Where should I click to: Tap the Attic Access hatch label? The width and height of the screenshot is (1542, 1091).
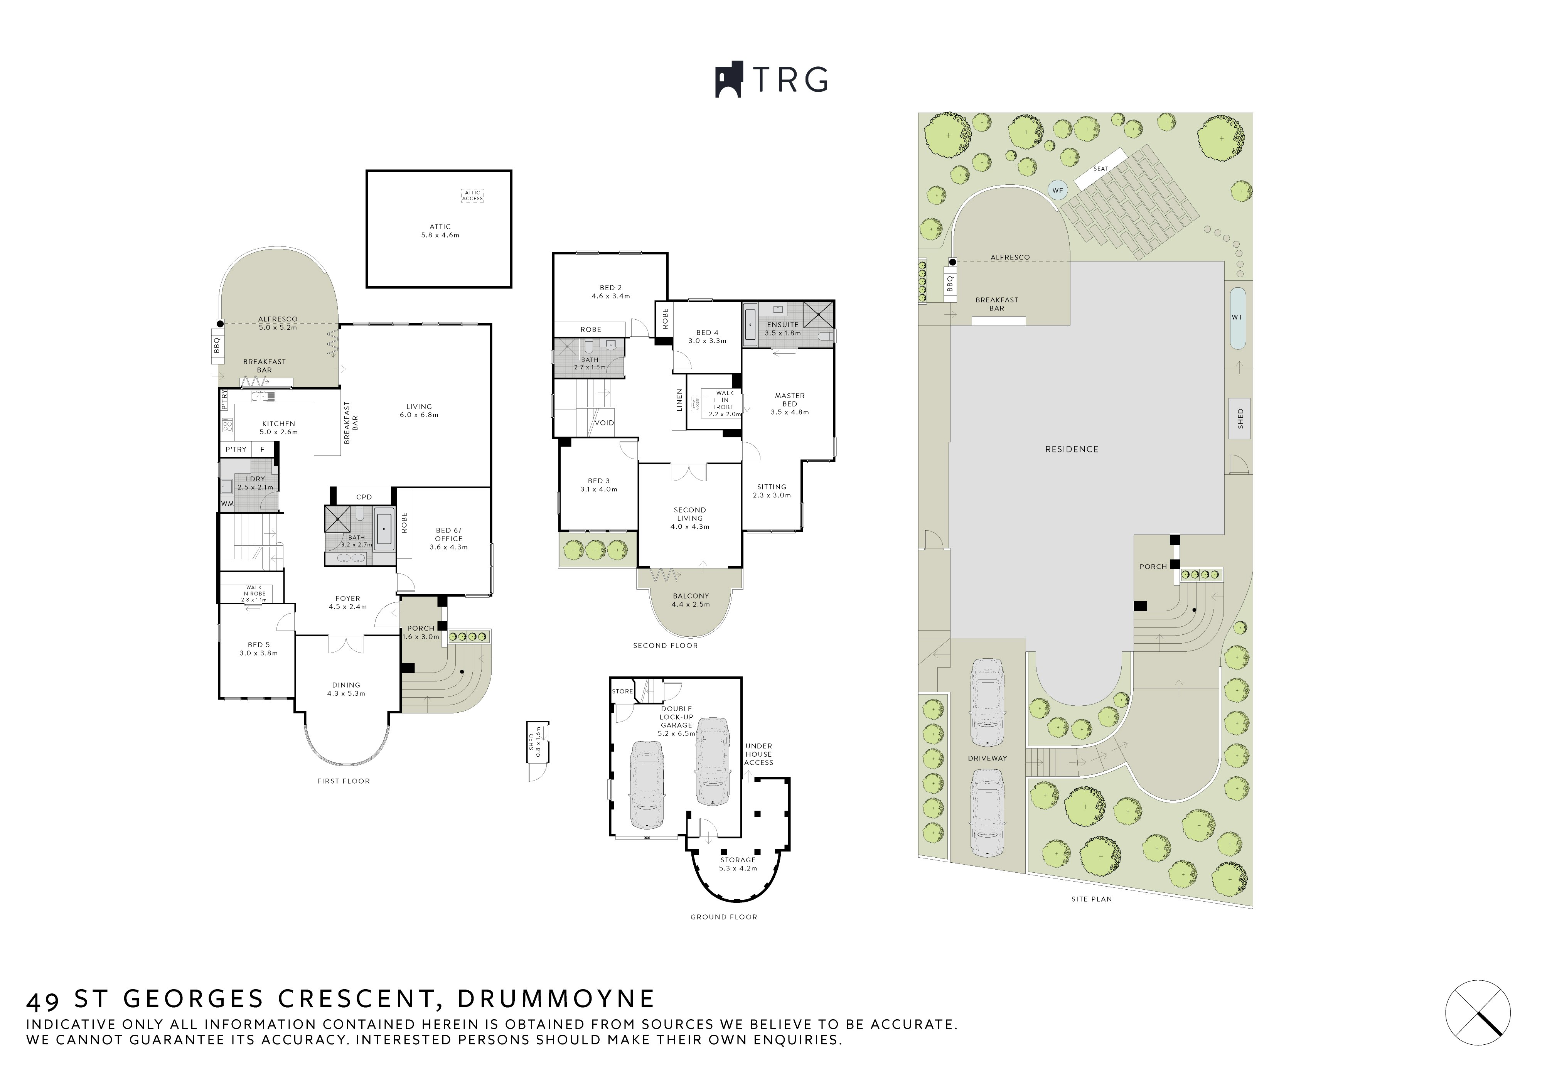click(472, 196)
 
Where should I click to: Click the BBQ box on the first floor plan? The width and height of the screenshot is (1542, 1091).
click(217, 345)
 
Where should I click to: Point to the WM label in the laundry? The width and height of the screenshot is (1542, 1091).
click(227, 503)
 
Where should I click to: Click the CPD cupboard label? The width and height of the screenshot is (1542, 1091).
click(364, 497)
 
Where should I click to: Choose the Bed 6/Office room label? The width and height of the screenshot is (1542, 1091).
click(448, 539)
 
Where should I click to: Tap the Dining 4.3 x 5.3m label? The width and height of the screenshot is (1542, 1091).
click(346, 689)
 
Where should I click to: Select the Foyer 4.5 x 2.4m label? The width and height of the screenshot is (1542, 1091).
click(348, 603)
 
